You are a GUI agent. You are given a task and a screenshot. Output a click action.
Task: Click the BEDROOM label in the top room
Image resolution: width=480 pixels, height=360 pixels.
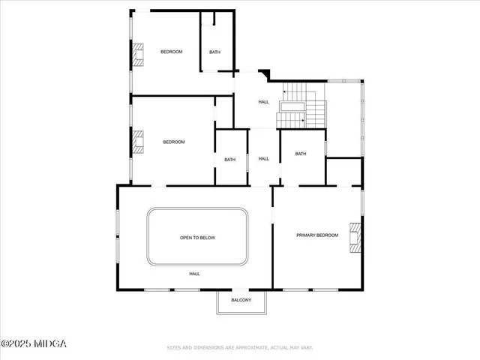coord(172,52)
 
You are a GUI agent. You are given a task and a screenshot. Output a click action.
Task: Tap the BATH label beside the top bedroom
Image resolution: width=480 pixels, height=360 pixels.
coord(215,52)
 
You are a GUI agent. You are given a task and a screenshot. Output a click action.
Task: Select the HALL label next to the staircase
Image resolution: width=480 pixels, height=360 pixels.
coord(264,102)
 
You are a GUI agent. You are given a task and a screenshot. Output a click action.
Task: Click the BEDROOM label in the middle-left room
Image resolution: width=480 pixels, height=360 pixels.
coord(174,142)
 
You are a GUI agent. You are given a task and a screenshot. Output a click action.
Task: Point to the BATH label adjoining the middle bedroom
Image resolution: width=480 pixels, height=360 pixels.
coord(229,159)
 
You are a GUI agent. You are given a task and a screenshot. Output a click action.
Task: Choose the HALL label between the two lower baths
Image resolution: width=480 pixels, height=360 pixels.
coord(264,159)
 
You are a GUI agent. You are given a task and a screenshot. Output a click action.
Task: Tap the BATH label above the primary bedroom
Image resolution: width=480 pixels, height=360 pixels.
coord(301,154)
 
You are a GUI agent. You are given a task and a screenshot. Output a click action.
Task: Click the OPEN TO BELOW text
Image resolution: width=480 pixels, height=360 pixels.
coord(197,238)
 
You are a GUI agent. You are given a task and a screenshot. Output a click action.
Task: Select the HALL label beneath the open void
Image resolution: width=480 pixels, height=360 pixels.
coord(194,274)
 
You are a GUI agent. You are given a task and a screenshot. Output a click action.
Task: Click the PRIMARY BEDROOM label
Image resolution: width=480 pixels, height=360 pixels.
coord(317,235)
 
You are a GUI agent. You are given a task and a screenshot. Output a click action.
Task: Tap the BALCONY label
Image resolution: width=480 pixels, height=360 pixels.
coord(241,301)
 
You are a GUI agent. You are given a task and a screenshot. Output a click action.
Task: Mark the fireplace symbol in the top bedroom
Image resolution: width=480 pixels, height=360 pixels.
coord(138,53)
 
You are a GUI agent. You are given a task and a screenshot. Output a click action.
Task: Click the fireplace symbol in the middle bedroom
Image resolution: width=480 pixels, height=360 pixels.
coord(138,142)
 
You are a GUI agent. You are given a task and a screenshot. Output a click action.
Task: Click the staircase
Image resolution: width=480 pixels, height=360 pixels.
coord(303,106)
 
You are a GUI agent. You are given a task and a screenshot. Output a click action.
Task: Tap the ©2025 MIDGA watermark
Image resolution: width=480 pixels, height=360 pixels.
coord(34,343)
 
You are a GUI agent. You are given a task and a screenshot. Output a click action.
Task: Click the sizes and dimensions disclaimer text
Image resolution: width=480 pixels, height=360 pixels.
coord(240,347)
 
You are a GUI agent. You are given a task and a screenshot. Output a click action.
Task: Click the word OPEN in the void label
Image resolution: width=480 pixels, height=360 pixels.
coord(186,238)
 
